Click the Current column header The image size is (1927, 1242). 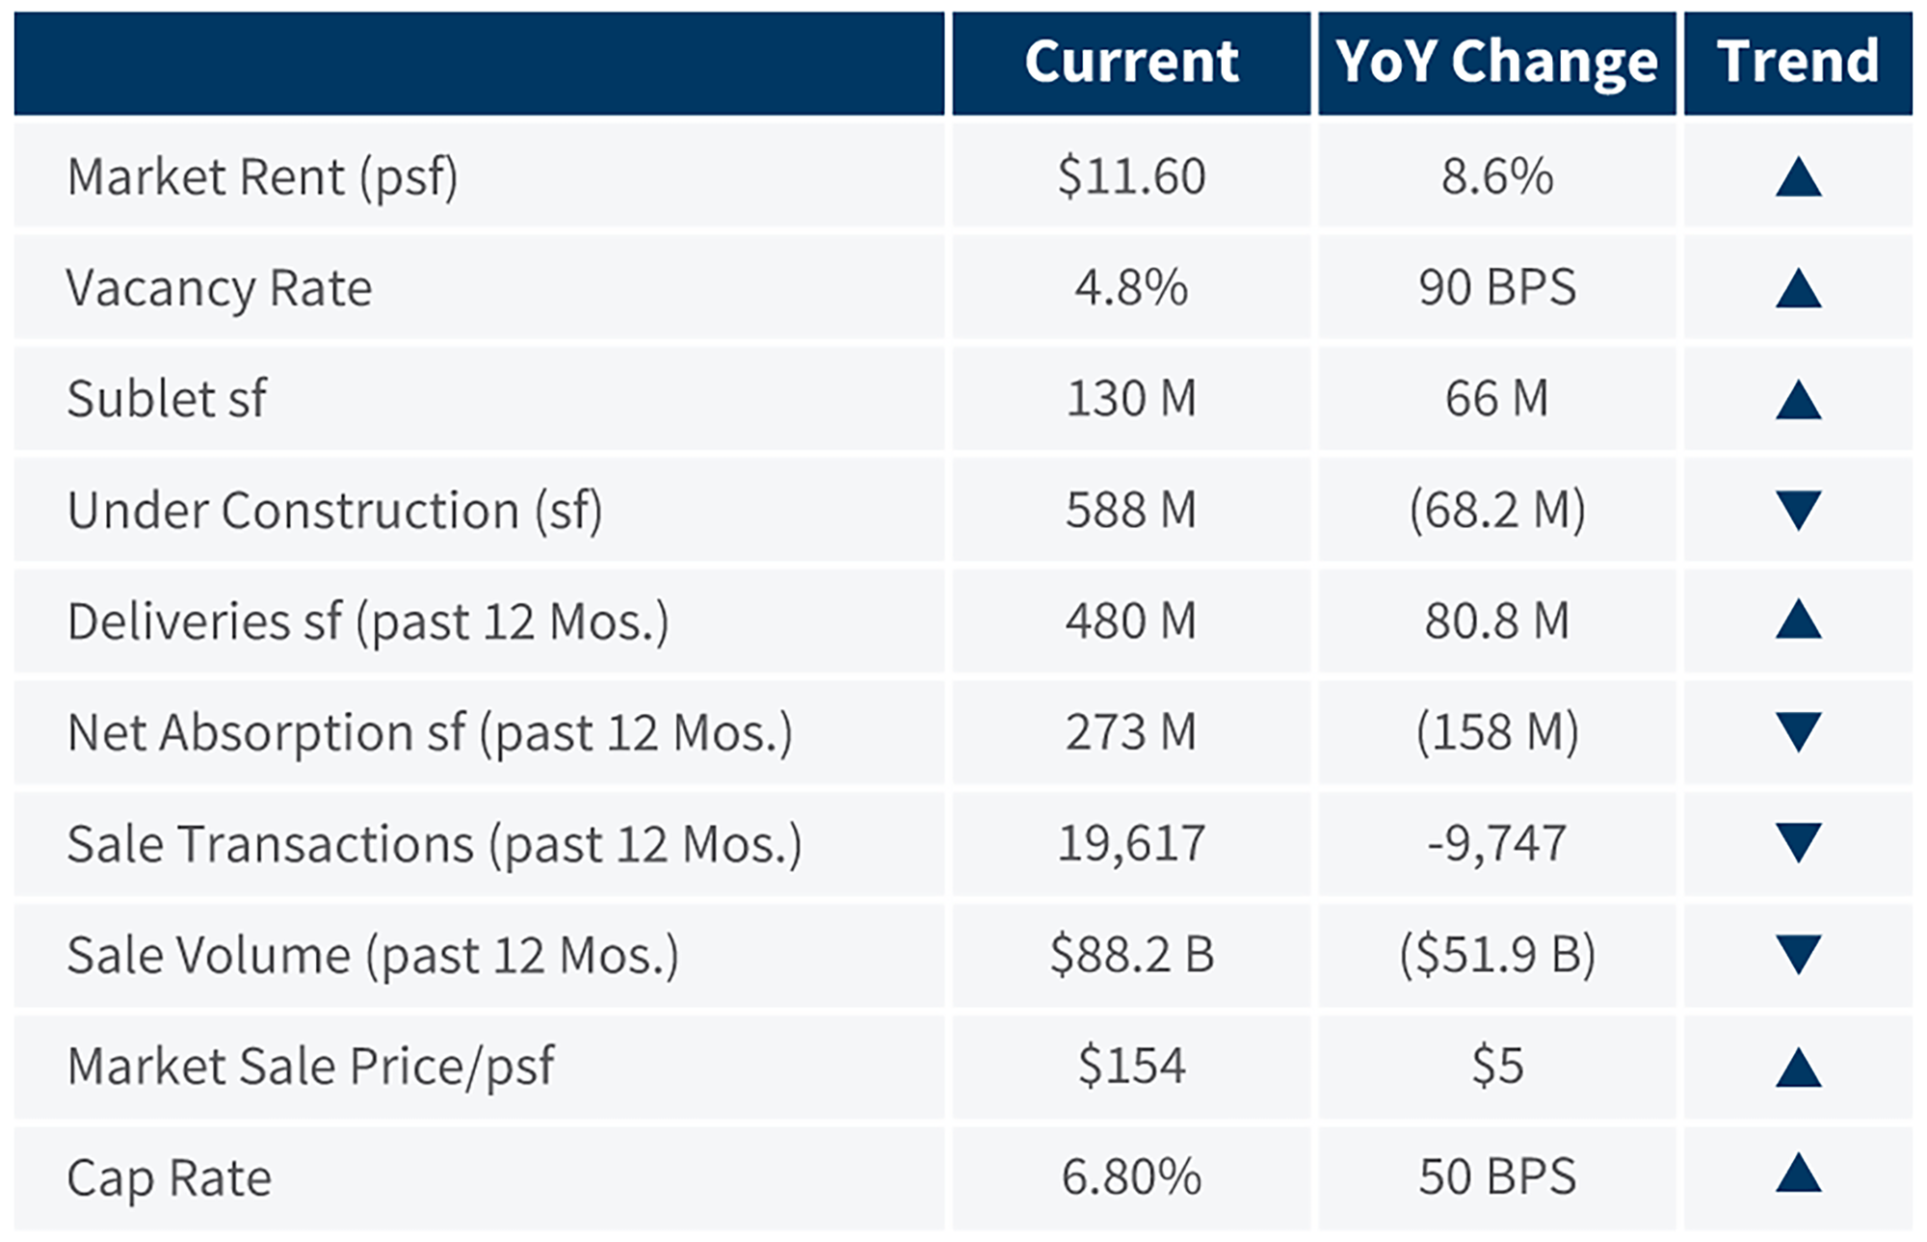pos(1131,62)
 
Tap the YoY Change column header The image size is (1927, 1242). pos(1496,62)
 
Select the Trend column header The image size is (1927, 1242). pos(1798,62)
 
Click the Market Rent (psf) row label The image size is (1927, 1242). pos(262,177)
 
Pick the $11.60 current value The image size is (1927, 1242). pos(1131,176)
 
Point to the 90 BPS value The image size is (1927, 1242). pos(1496,287)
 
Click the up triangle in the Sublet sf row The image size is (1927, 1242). pos(1798,400)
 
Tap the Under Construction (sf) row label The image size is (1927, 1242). pos(334,510)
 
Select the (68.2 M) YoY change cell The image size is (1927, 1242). pos(1496,510)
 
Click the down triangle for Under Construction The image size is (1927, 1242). pos(1798,510)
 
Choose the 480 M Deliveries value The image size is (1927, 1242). pos(1131,621)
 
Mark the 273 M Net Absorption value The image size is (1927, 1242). pos(1131,732)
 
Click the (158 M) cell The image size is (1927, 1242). pos(1496,732)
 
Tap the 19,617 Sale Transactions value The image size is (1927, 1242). pos(1131,843)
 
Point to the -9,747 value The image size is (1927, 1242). pos(1496,843)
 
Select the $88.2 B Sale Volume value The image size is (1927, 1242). pos(1131,955)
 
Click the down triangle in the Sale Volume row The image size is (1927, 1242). pos(1798,954)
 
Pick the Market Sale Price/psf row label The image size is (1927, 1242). pos(310,1067)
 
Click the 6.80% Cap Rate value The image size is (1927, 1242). pos(1131,1177)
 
